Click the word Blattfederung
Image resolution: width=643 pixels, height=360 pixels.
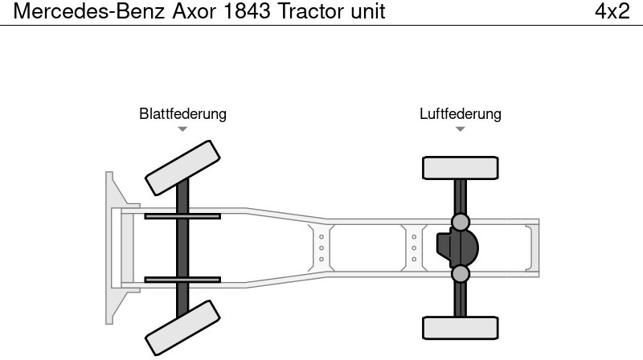point(182,114)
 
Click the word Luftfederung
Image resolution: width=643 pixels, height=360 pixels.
point(460,114)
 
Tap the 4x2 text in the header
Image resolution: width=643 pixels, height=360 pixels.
point(612,11)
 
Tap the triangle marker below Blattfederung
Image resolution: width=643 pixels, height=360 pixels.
point(182,129)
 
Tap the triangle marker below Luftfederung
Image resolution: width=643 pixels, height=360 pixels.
point(460,129)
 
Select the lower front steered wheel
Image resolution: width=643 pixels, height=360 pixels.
point(182,328)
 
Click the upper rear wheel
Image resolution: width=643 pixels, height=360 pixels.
point(460,168)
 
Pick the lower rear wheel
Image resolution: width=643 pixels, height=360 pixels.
point(460,328)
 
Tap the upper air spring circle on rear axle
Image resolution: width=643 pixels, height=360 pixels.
point(460,222)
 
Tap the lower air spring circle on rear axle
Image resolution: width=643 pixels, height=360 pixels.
point(460,274)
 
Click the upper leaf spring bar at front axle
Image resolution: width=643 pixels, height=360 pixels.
point(182,216)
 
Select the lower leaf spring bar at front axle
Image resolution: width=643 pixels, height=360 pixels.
point(182,280)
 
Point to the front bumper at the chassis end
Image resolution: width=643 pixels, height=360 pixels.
point(113,247)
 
